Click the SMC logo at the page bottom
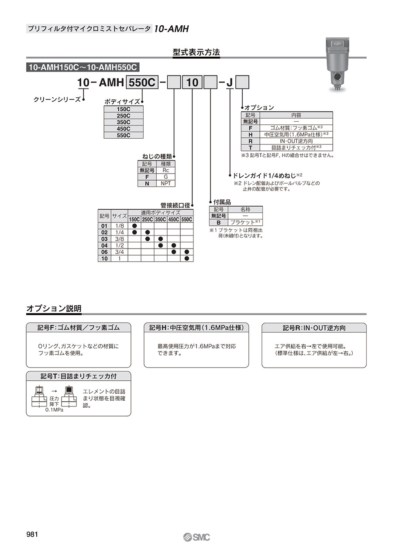pyautogui.click(x=197, y=537)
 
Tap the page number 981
pyautogui.click(x=33, y=534)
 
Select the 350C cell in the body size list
pyautogui.click(x=124, y=122)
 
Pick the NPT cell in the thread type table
pyautogui.click(x=165, y=184)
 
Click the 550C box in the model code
pyautogui.click(x=142, y=82)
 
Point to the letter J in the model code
pyautogui.click(x=230, y=82)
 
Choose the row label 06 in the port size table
pyautogui.click(x=104, y=252)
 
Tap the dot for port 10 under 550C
pyautogui.click(x=187, y=259)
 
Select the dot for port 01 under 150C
pyautogui.click(x=134, y=226)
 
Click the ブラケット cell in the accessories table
pyautogui.click(x=246, y=222)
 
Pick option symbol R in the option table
pyautogui.click(x=251, y=141)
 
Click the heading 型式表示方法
pyautogui.click(x=196, y=52)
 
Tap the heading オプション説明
pyautogui.click(x=54, y=309)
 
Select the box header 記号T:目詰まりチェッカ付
pyautogui.click(x=79, y=376)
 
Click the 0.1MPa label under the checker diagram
pyautogui.click(x=54, y=410)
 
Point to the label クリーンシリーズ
pyautogui.click(x=57, y=99)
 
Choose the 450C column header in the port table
pyautogui.click(x=174, y=219)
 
